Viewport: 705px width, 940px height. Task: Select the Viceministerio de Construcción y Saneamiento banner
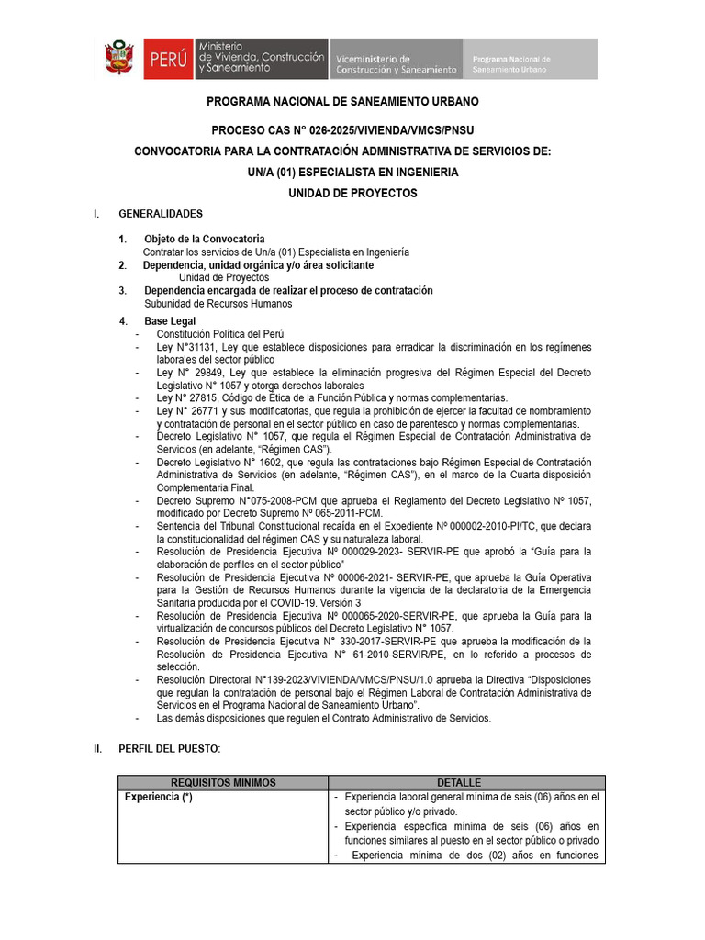point(395,58)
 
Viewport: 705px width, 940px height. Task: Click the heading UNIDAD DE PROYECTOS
point(352,193)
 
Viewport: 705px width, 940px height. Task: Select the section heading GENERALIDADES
point(161,214)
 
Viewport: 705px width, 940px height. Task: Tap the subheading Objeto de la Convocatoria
point(204,239)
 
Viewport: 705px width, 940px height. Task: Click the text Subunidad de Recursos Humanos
point(218,303)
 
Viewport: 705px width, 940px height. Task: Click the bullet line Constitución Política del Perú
point(220,334)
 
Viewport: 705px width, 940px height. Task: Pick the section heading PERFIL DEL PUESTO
point(170,749)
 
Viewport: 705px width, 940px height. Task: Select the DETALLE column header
point(458,782)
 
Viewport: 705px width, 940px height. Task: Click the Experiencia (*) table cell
point(158,797)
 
